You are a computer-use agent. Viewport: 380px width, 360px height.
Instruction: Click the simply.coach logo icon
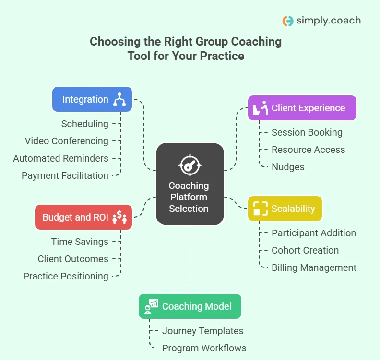(288, 21)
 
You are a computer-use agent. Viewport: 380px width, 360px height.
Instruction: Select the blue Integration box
(92, 99)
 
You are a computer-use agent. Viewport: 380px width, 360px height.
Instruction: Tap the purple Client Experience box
(302, 108)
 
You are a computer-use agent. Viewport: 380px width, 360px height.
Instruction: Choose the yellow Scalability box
(285, 209)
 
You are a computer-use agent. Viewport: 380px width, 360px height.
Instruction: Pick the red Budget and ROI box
(83, 217)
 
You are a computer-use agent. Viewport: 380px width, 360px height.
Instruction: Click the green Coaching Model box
(190, 306)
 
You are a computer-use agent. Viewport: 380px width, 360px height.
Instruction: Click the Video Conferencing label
(67, 141)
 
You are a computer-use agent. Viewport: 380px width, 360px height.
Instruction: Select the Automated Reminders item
(61, 158)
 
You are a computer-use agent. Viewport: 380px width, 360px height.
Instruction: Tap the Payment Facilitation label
(65, 175)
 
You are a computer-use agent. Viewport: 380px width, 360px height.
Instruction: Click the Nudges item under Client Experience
(288, 167)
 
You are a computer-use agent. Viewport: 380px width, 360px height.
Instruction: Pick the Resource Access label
(308, 150)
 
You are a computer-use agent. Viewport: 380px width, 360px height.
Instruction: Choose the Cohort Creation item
(305, 250)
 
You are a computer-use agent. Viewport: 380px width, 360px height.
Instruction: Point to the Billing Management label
(314, 267)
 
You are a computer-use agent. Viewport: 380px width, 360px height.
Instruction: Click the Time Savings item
(80, 242)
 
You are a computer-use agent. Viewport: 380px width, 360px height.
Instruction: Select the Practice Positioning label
(66, 276)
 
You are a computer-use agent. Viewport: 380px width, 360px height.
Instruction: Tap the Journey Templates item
(202, 331)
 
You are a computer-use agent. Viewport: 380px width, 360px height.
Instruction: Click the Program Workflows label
(204, 348)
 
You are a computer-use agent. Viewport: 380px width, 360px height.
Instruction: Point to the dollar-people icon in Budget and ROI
(119, 218)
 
